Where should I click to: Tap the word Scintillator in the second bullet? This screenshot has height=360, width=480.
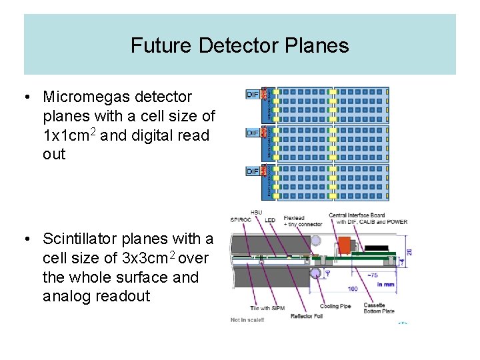[x=87, y=239]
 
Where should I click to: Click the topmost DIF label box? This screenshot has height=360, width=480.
[x=253, y=95]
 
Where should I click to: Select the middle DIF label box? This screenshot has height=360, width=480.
[x=253, y=133]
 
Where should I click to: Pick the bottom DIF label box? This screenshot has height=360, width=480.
[x=253, y=171]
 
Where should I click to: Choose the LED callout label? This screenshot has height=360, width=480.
[x=270, y=221]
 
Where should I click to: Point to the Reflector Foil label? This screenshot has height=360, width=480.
[x=306, y=316]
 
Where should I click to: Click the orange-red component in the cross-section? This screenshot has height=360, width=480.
[x=345, y=245]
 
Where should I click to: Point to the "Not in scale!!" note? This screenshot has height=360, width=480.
[x=247, y=319]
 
